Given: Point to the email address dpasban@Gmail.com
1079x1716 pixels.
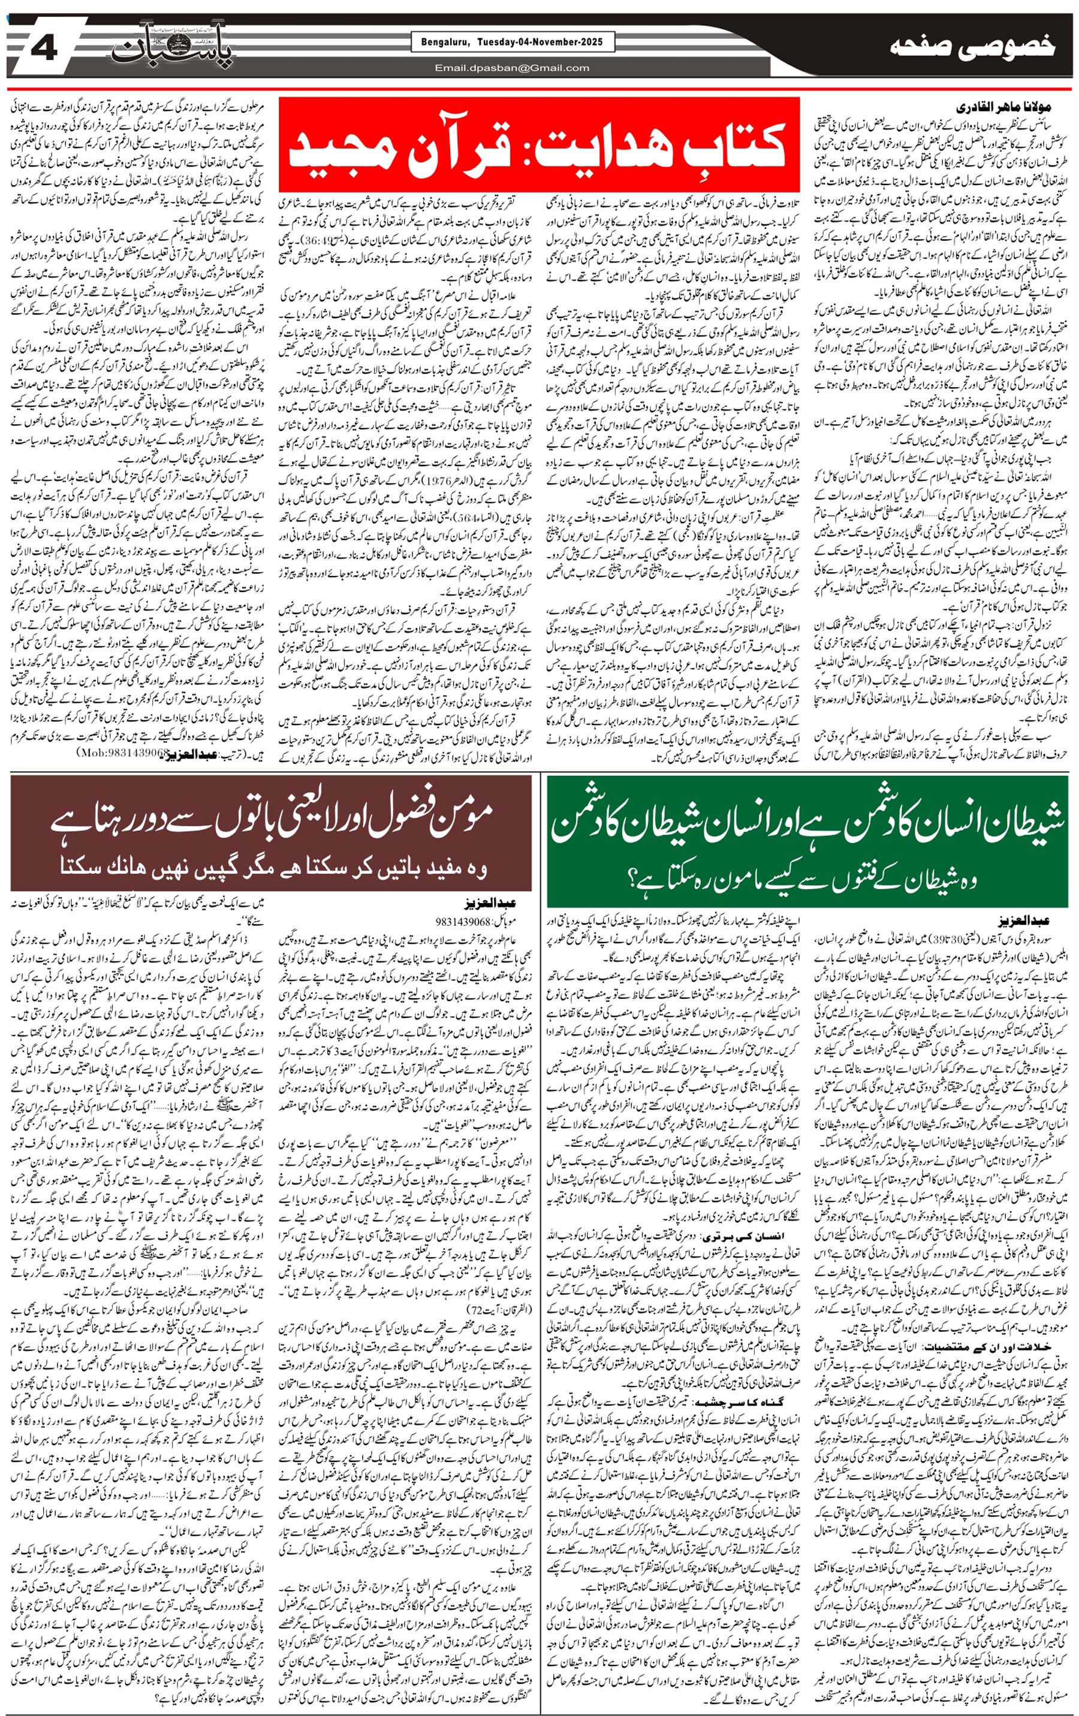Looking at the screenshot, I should point(512,68).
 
